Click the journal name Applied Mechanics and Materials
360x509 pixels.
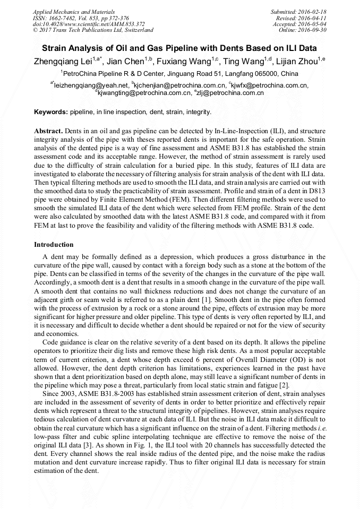[x=74, y=11]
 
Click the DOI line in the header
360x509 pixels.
[x=89, y=24]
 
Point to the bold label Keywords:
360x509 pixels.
[x=51, y=113]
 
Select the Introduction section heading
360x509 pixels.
[x=54, y=245]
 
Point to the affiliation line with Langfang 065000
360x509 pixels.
[x=179, y=74]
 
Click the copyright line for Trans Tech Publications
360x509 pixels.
[x=93, y=30]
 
